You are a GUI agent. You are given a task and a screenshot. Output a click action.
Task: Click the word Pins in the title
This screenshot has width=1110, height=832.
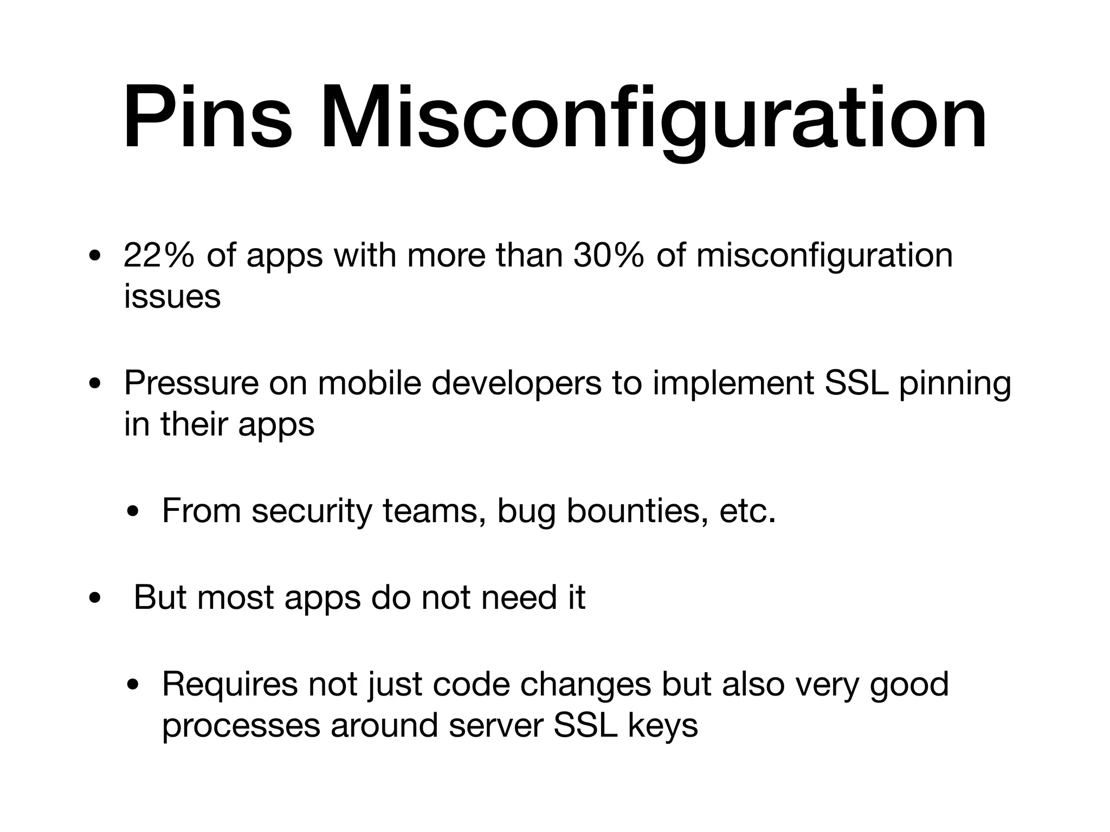208,118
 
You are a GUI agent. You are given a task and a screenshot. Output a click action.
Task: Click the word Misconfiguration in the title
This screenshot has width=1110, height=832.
654,118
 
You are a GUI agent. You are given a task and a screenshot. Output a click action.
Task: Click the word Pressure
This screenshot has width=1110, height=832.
191,383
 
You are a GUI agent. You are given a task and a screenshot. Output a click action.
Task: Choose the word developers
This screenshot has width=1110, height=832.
517,384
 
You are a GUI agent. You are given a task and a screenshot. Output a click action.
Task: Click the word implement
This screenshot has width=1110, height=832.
733,384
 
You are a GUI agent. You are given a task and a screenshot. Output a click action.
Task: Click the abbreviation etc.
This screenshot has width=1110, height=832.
747,511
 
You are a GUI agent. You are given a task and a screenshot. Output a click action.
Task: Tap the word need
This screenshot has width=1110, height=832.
519,597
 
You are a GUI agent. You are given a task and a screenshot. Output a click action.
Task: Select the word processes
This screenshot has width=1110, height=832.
241,726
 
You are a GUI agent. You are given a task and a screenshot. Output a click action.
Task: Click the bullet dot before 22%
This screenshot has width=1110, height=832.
95,256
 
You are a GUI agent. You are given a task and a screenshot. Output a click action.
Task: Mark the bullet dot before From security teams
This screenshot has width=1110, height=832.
133,512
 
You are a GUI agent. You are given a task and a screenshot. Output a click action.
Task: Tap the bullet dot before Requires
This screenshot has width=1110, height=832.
133,685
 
